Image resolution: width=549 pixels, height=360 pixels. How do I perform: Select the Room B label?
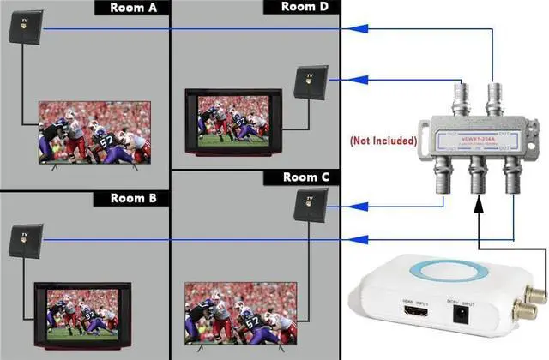[x=133, y=198]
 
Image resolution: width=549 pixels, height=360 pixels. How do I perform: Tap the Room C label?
[x=306, y=178]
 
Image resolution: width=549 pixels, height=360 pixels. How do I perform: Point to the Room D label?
[x=306, y=7]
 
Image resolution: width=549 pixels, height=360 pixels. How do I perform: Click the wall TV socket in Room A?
[x=21, y=28]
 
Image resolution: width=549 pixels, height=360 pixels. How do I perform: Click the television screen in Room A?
[x=94, y=131]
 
